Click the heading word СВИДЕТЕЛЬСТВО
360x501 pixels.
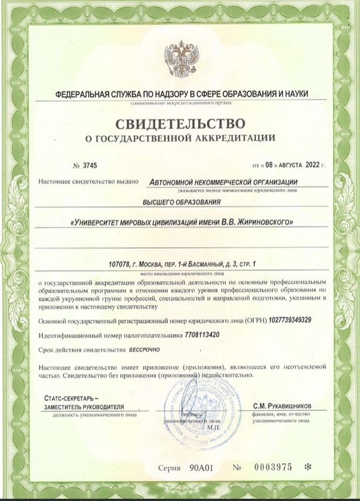coord(180,123)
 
